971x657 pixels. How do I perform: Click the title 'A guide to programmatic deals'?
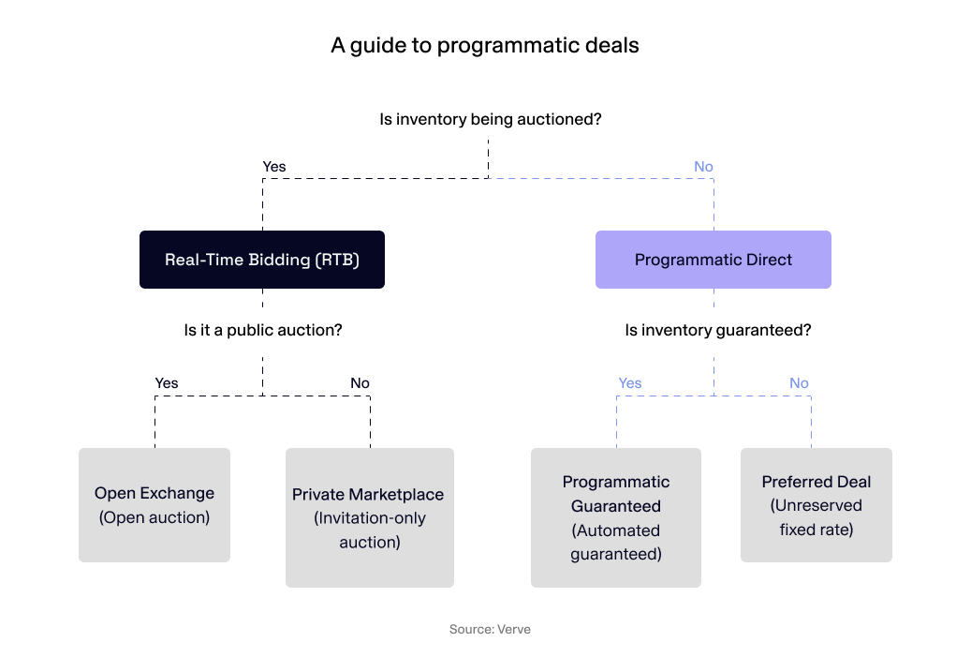click(485, 45)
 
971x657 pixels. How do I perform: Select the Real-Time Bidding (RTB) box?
click(262, 260)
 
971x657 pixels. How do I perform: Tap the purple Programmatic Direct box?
click(714, 260)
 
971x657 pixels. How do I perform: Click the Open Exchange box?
click(154, 504)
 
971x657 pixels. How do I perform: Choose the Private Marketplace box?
click(369, 517)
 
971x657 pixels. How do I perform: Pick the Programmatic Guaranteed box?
click(616, 517)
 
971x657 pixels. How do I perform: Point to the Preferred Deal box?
click(817, 504)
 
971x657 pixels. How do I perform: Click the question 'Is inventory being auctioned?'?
click(490, 120)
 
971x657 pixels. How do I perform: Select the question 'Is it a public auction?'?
click(263, 330)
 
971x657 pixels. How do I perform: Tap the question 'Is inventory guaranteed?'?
click(718, 330)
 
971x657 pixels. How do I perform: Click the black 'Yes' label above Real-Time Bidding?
click(274, 167)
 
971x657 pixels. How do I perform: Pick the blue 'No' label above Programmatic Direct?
click(703, 167)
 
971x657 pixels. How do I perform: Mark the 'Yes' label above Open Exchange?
click(166, 382)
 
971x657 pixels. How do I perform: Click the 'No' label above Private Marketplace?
click(360, 382)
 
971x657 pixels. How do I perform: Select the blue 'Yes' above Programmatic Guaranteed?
click(630, 382)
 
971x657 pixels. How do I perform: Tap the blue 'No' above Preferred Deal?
click(799, 382)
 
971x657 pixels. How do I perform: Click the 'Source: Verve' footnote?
click(490, 629)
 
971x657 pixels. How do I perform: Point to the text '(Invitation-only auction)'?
click(369, 530)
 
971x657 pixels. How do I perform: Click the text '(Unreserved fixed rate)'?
click(817, 517)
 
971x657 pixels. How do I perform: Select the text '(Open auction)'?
click(154, 517)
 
